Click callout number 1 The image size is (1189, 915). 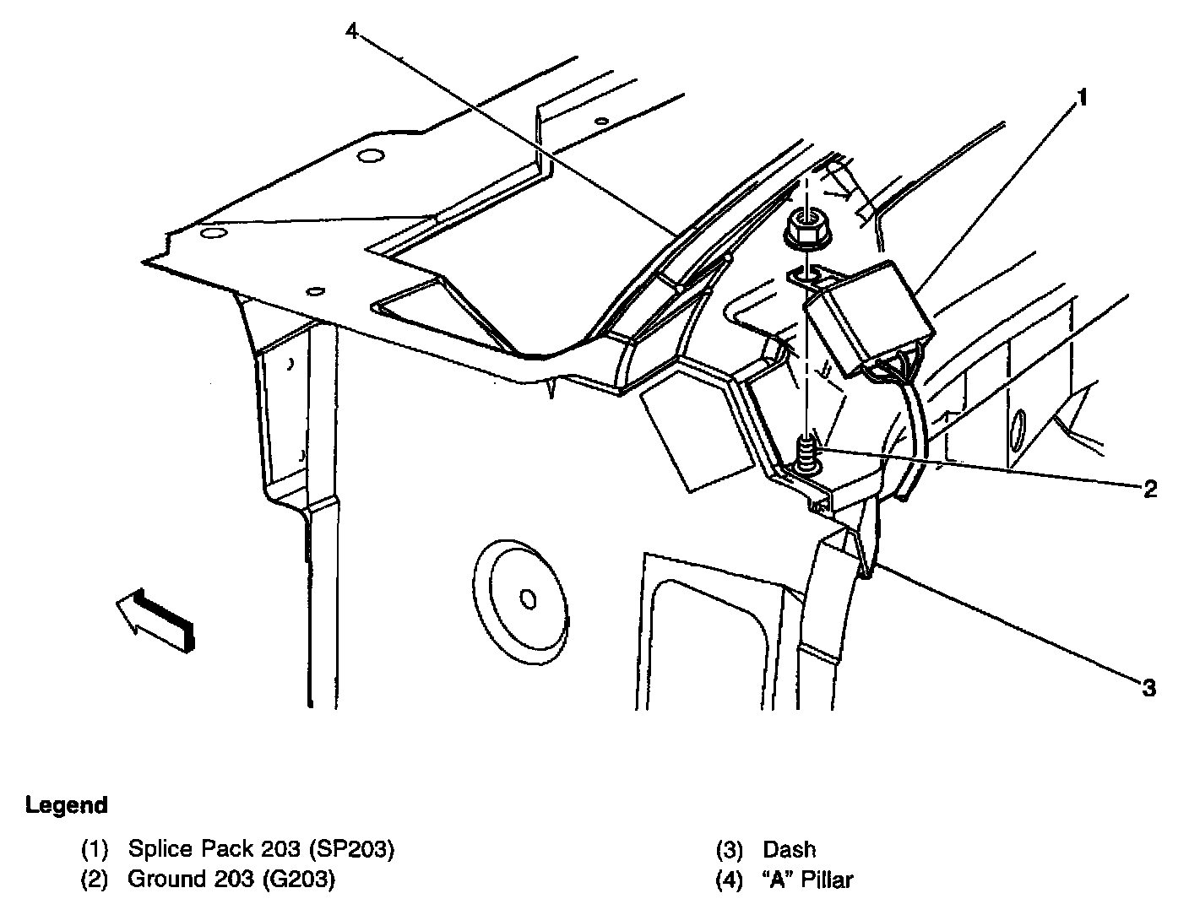click(1080, 100)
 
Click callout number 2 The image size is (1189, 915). click(1149, 489)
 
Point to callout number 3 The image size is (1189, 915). click(1148, 688)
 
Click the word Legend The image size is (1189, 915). click(67, 805)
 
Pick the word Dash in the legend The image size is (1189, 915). click(790, 849)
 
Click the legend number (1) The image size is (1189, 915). click(95, 849)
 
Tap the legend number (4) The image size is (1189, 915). click(729, 880)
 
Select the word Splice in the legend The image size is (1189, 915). click(161, 849)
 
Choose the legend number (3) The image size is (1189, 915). click(729, 849)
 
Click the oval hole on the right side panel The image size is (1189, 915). click(1018, 429)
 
